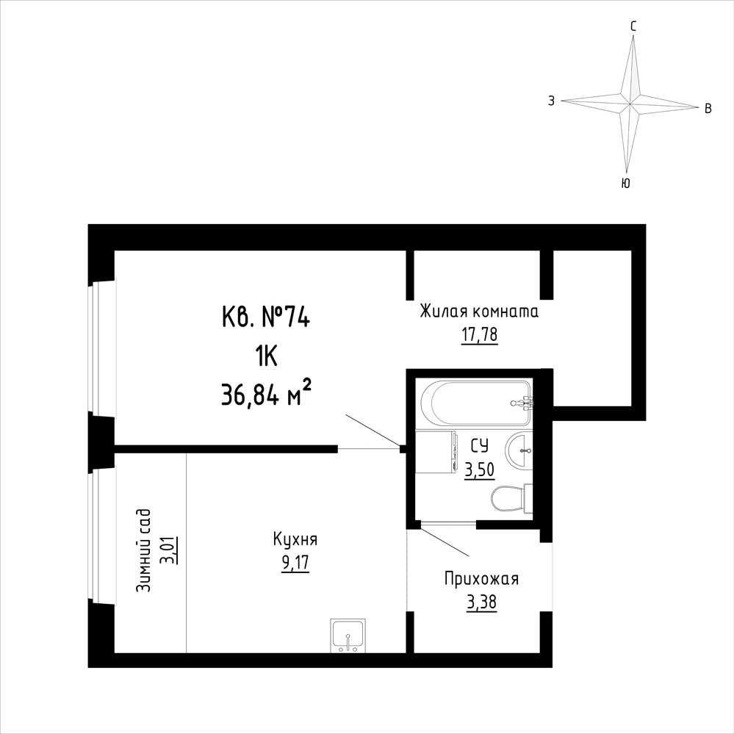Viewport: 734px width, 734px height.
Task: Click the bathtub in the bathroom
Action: click(x=477, y=403)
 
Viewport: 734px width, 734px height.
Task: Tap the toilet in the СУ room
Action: click(x=511, y=499)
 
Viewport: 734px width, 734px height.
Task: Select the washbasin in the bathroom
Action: click(x=519, y=451)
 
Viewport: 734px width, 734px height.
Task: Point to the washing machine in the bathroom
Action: click(x=436, y=453)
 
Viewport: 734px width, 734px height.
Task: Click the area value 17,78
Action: click(x=479, y=336)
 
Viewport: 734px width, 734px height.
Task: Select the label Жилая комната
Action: click(x=479, y=312)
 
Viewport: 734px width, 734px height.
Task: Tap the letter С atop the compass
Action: click(x=633, y=27)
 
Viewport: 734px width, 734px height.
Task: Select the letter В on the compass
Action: click(x=708, y=109)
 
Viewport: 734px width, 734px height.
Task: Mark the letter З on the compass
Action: click(x=552, y=101)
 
